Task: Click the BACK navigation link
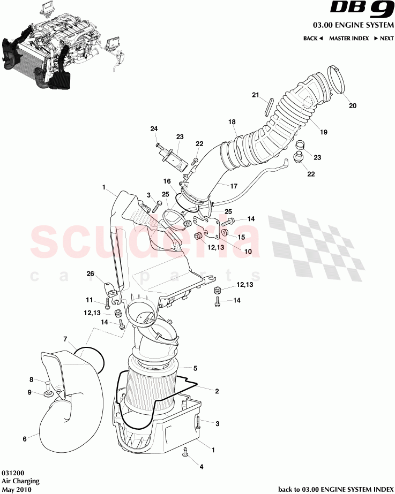click(312, 39)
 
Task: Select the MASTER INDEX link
click(348, 39)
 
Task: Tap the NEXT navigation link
click(384, 39)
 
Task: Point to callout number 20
click(352, 105)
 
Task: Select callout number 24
click(154, 129)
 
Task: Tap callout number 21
click(256, 95)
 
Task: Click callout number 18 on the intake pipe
click(232, 122)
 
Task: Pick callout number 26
click(91, 274)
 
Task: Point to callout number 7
click(65, 339)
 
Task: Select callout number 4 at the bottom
click(202, 467)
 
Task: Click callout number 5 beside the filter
click(195, 368)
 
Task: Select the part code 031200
click(12, 474)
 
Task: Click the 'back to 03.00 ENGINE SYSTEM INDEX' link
click(336, 489)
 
